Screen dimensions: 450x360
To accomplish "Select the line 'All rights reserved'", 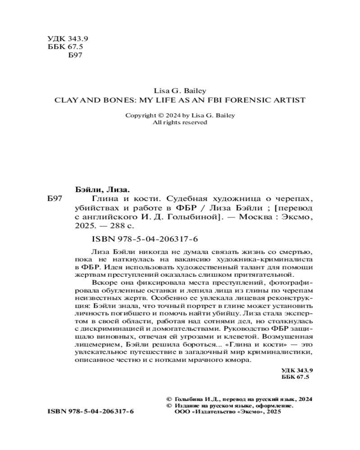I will coord(180,122).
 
